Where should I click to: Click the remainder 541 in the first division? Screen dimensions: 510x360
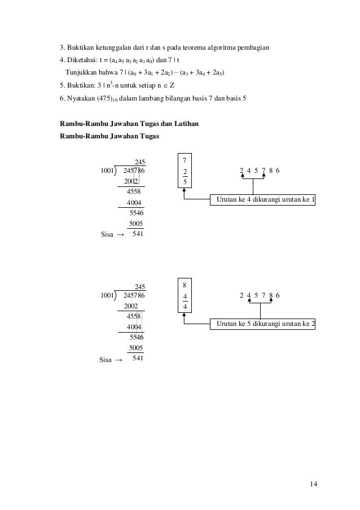[137, 233]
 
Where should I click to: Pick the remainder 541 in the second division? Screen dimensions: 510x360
[137, 358]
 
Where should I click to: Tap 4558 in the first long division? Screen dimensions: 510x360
[134, 192]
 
